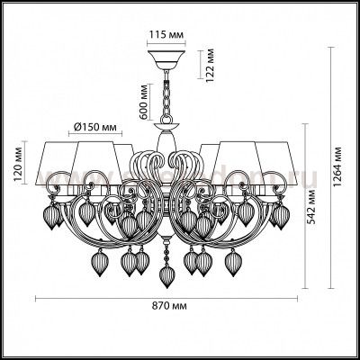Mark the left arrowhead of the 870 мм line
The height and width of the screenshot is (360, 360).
click(x=36, y=298)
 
